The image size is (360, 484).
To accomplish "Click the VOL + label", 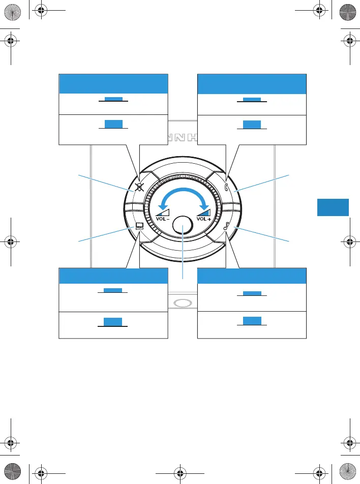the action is point(203,219).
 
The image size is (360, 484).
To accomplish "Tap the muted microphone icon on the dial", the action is point(139,187).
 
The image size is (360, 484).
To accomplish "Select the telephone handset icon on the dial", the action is point(227,188).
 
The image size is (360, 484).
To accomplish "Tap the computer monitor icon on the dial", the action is point(139,227).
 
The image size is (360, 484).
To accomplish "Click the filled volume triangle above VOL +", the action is point(204,210).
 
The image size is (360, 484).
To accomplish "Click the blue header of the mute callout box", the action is point(113,84).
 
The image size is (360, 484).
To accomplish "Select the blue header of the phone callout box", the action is point(252,84).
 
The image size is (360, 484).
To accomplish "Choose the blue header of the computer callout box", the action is point(113,276).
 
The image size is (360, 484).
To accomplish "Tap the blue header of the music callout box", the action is point(252,276).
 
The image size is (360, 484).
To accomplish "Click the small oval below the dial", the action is point(183,303).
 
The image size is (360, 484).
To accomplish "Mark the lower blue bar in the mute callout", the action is point(113,124).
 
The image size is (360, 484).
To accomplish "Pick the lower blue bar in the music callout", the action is point(252,320).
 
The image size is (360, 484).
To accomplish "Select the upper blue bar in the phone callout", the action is point(252,100).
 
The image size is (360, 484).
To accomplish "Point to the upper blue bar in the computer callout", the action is point(113,290).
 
